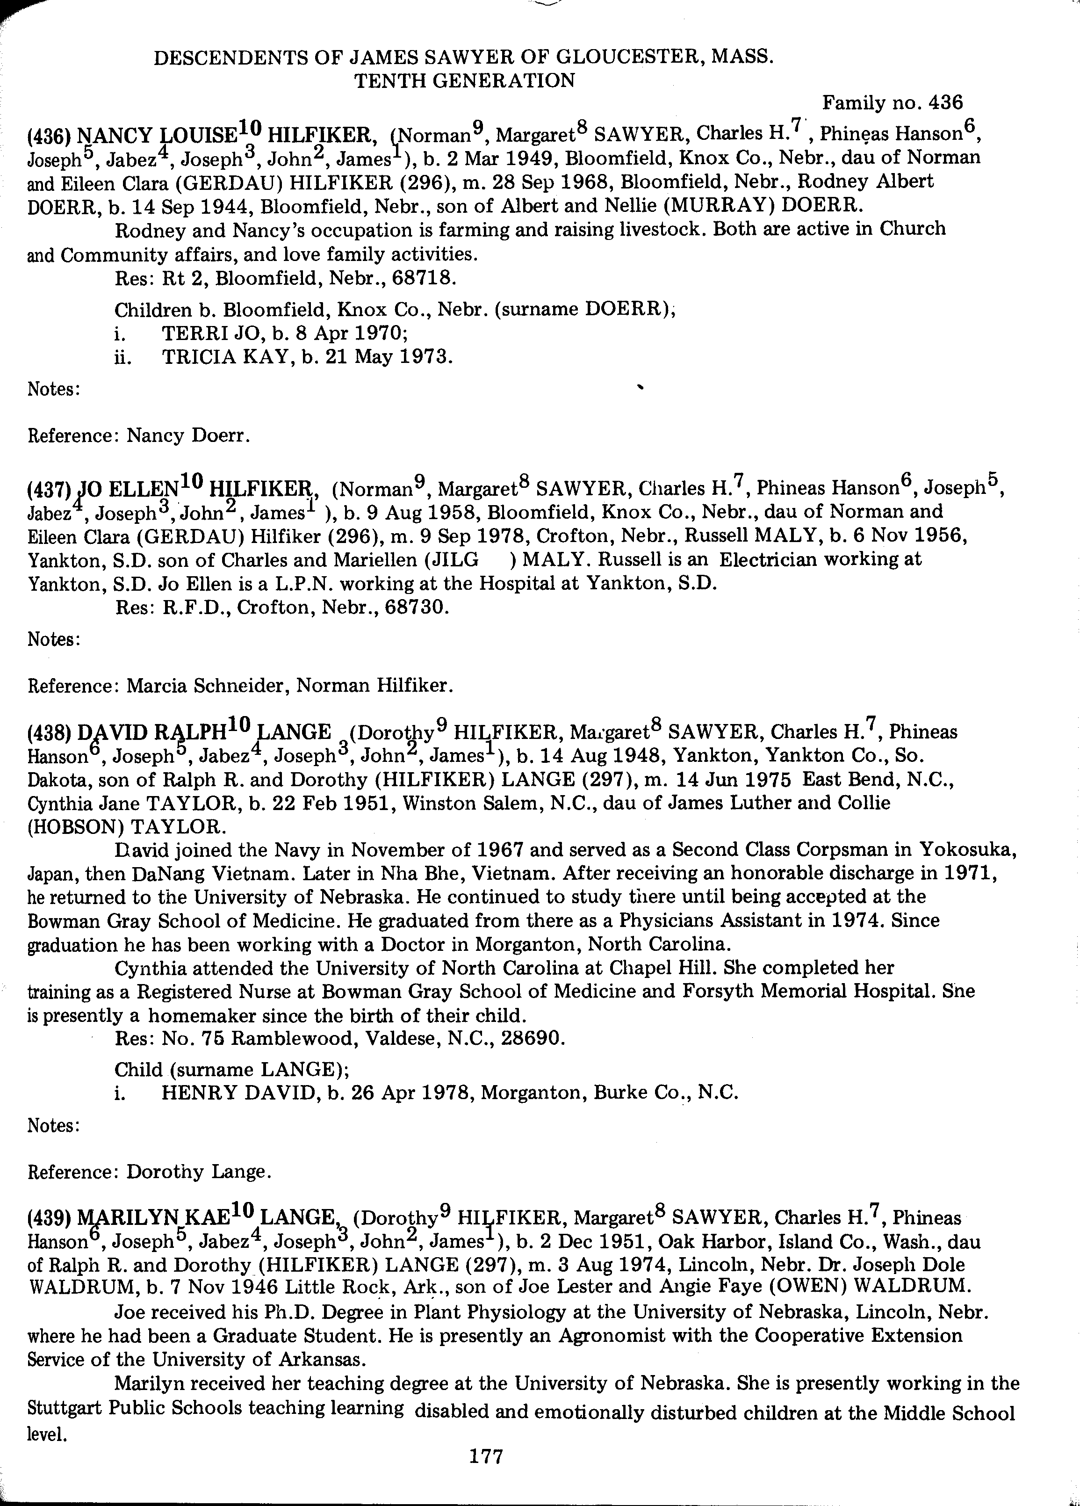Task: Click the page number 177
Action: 487,1456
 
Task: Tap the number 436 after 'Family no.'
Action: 946,103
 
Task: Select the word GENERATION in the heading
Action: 465,81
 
